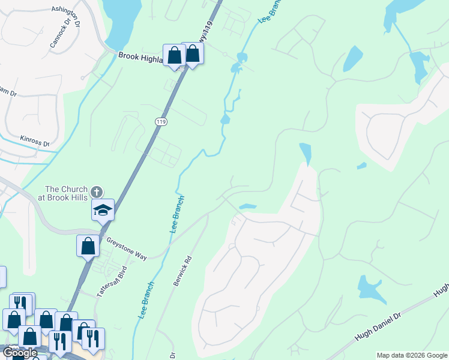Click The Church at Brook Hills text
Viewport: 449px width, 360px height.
click(66, 193)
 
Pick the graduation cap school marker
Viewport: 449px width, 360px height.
click(103, 211)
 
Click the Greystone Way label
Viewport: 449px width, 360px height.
click(127, 248)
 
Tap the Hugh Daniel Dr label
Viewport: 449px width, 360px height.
click(378, 326)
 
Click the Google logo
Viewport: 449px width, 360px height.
click(20, 353)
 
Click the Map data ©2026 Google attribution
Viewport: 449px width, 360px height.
click(412, 355)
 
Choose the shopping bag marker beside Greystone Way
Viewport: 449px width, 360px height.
click(88, 245)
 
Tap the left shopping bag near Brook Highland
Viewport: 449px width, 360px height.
click(175, 56)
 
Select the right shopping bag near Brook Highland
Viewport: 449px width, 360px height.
click(193, 53)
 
